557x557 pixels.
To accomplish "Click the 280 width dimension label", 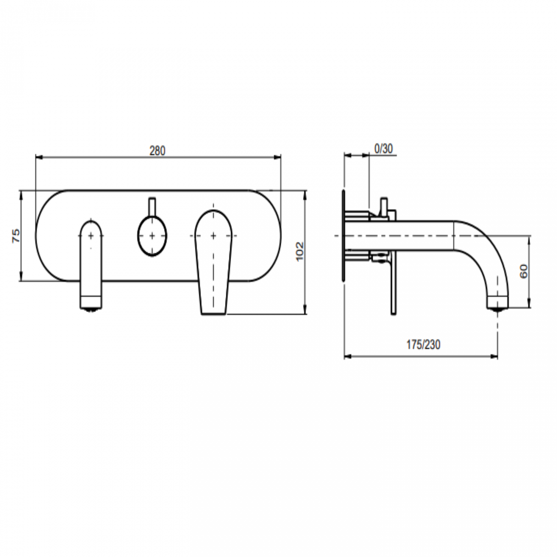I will click(x=157, y=151).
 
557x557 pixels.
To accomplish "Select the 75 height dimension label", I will click(x=15, y=236).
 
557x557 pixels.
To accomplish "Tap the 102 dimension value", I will click(x=299, y=251).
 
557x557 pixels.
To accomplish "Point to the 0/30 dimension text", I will click(x=383, y=149).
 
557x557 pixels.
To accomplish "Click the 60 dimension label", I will click(x=524, y=271).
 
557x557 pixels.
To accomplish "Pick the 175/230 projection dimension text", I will click(x=423, y=344).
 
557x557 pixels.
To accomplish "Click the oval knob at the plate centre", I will click(x=153, y=236).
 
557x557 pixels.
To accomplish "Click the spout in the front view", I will click(x=91, y=266).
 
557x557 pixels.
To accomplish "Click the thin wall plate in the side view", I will click(x=343, y=236).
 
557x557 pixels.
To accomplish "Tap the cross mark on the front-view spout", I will click(x=91, y=235).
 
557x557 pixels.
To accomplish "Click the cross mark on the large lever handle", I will click(x=213, y=235).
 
